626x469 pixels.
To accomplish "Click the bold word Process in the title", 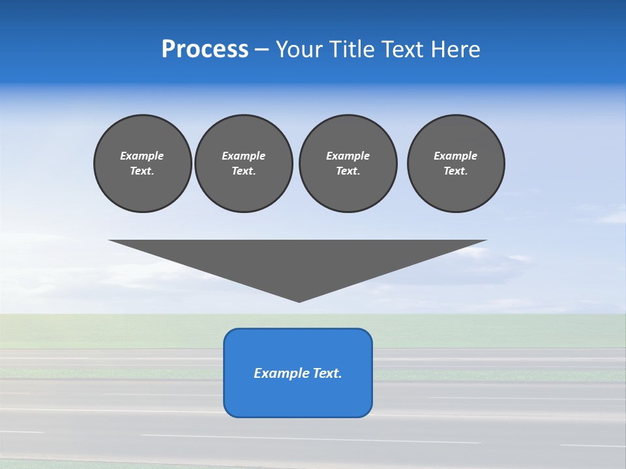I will tap(205, 50).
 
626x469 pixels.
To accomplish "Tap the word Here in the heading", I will tap(456, 50).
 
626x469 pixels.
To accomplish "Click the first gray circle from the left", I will tap(142, 163).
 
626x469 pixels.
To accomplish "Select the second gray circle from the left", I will tap(244, 163).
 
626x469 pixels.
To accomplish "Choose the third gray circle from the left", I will tap(348, 163).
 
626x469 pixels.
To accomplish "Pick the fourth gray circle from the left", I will tap(456, 163).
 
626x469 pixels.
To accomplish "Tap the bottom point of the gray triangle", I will tap(299, 301).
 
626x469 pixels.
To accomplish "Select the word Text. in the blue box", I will tap(327, 373).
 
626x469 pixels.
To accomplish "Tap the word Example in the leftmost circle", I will tap(142, 156).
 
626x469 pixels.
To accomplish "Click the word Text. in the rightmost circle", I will tap(456, 171).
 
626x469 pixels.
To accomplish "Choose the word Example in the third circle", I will tap(348, 156).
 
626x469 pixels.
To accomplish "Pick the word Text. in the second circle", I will tap(244, 171).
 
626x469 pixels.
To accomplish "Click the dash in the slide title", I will tap(262, 50).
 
